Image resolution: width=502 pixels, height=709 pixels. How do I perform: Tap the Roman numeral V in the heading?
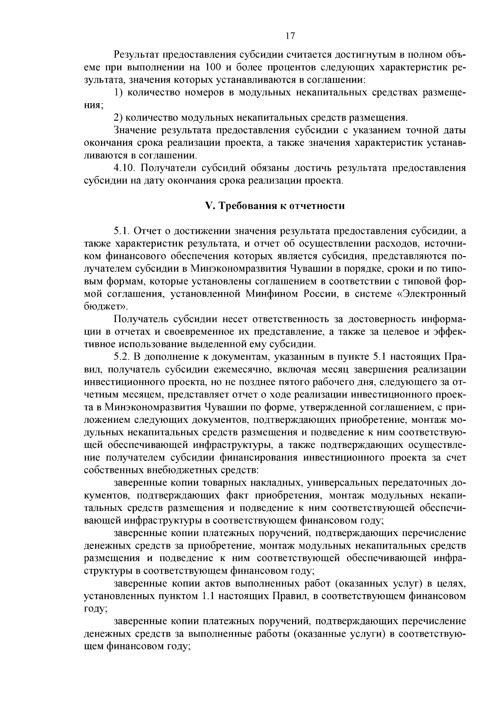[x=208, y=206]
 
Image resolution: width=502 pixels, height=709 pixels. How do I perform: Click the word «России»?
[x=321, y=293]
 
